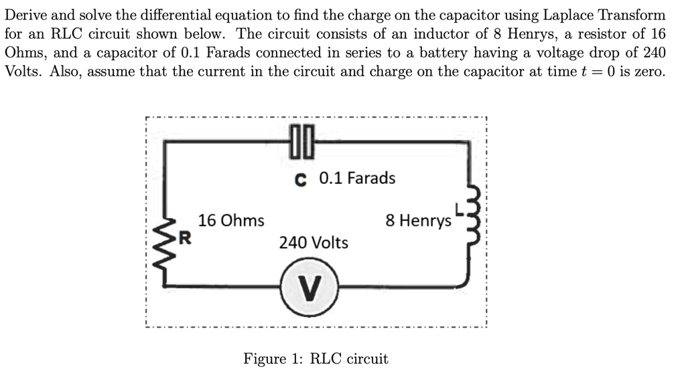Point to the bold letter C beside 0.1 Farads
301,179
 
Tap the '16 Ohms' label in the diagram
231,220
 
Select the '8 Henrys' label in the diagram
418,220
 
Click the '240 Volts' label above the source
314,242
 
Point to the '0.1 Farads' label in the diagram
357,179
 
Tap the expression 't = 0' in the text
600,72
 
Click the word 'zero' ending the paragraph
649,72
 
